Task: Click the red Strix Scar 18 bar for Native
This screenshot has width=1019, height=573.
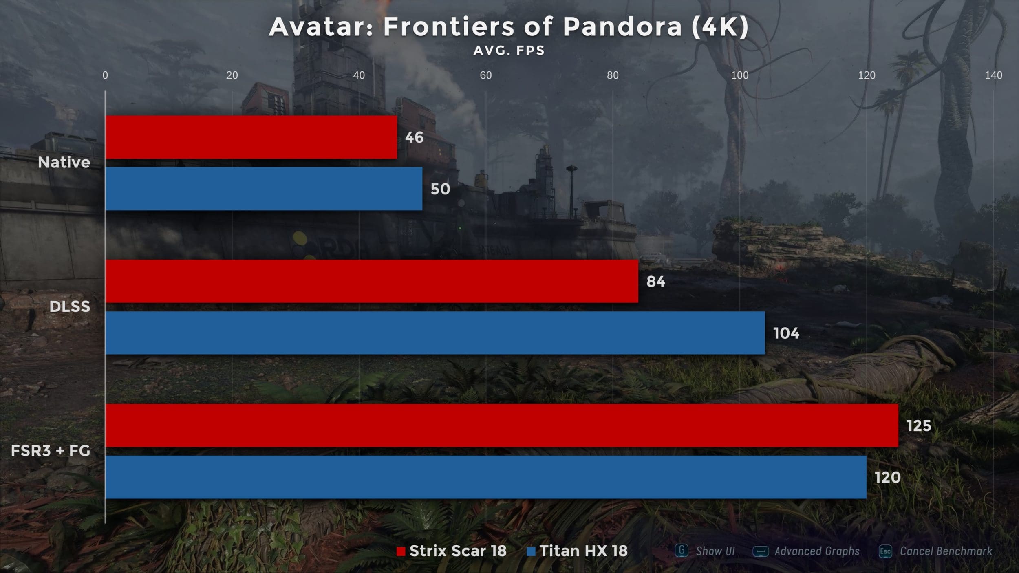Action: pyautogui.click(x=251, y=137)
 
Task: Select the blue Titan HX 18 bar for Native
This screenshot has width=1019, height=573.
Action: pyautogui.click(x=264, y=189)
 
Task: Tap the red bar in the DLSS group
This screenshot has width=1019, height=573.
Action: pyautogui.click(x=372, y=281)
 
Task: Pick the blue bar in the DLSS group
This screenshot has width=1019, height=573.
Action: pyautogui.click(x=435, y=333)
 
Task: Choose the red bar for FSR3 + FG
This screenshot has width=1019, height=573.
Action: pyautogui.click(x=502, y=425)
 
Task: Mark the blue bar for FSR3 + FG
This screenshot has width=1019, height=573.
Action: pyautogui.click(x=486, y=477)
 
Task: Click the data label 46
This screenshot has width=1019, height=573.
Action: pyautogui.click(x=414, y=138)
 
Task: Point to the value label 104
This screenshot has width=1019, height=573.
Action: pyautogui.click(x=786, y=333)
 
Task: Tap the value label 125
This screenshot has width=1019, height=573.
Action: pyautogui.click(x=919, y=426)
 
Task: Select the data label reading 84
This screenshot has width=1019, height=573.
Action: pyautogui.click(x=655, y=282)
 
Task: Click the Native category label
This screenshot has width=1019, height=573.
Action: pyautogui.click(x=64, y=163)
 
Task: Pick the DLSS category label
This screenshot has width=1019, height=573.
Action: pyautogui.click(x=70, y=306)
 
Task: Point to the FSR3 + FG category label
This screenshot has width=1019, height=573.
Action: pyautogui.click(x=51, y=451)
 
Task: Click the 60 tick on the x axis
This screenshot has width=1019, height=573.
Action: pyautogui.click(x=485, y=75)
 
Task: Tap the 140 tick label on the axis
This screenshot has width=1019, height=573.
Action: pyautogui.click(x=993, y=75)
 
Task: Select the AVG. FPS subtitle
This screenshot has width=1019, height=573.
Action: pyautogui.click(x=509, y=51)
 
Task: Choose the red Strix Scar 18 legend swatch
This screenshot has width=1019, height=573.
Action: pyautogui.click(x=401, y=551)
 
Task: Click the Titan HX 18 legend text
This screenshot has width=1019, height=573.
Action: pyautogui.click(x=583, y=551)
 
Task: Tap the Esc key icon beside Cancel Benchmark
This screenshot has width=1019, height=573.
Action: pyautogui.click(x=885, y=551)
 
